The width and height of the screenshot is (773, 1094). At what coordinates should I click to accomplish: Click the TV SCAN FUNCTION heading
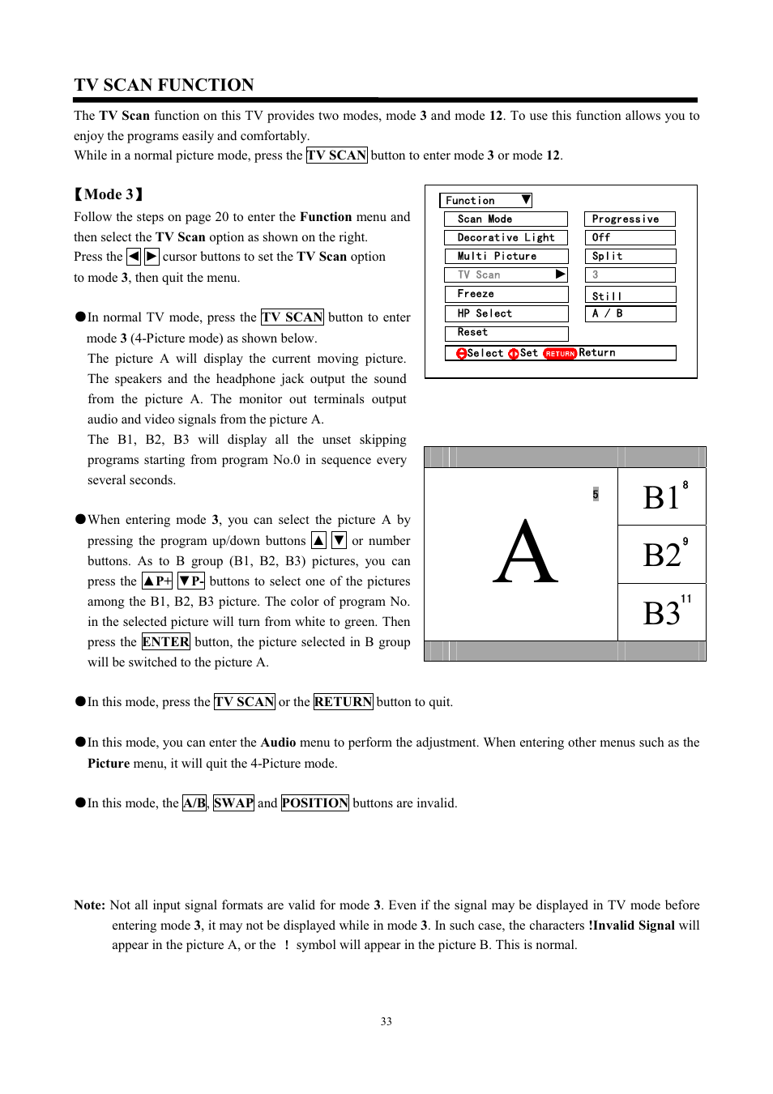click(164, 85)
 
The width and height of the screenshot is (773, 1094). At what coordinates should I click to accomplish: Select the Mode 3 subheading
click(109, 194)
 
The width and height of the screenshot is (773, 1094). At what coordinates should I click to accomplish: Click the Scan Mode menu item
click(505, 219)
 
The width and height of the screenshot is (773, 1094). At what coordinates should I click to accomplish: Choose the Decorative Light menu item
click(505, 237)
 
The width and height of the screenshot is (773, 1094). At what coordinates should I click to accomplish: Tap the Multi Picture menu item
click(505, 256)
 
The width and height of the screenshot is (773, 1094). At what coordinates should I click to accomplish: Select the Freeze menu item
click(505, 294)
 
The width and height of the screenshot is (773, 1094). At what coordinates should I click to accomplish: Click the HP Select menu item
click(505, 313)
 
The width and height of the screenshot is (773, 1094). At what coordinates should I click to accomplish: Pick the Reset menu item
click(505, 333)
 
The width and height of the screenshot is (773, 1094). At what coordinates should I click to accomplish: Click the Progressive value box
click(629, 219)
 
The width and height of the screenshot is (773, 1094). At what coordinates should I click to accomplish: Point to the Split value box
click(629, 256)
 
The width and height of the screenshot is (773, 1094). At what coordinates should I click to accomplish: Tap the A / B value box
click(629, 313)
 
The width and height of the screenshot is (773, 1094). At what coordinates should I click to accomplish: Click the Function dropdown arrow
click(526, 200)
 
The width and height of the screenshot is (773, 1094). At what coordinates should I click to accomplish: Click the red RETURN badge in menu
click(559, 354)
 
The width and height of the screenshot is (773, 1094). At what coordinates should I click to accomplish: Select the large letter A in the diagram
click(525, 554)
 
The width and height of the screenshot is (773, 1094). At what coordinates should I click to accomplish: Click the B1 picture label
click(661, 497)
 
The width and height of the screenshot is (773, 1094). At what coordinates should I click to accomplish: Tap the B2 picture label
click(661, 555)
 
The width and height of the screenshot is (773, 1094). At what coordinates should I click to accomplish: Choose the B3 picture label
click(661, 613)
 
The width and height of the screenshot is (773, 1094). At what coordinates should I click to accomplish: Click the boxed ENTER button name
click(165, 642)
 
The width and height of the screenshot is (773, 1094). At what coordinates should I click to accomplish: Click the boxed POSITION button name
click(314, 803)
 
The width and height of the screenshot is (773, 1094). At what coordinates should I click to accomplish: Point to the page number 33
click(386, 1022)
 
